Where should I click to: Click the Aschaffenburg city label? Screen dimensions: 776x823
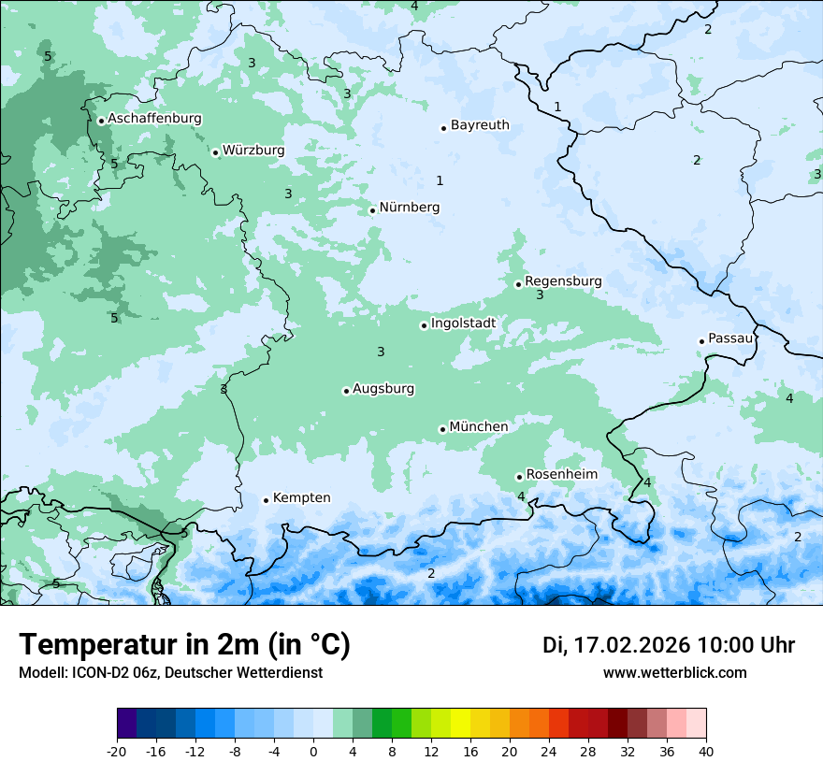point(154,119)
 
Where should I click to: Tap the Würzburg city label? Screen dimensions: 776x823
point(253,151)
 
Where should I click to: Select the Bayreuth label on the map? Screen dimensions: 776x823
point(480,125)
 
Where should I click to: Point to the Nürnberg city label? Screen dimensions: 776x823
point(409,208)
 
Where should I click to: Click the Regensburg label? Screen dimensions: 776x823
point(563,281)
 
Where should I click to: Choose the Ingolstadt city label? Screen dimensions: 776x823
point(463,323)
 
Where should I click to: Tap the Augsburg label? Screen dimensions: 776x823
point(383,389)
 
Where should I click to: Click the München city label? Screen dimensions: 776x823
point(479,427)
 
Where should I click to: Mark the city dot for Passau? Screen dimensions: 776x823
point(701,341)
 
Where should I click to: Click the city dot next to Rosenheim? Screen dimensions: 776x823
point(519,477)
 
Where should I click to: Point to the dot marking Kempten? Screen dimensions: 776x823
point(266,500)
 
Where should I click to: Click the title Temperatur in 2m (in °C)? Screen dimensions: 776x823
point(184,645)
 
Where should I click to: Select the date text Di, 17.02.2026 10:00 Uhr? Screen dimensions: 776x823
point(669,645)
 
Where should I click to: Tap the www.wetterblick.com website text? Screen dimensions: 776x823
point(674,673)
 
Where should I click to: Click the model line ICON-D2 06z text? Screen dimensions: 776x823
point(170,673)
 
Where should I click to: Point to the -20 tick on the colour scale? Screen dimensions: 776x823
point(117,751)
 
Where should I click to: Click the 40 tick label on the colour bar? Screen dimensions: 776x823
point(706,751)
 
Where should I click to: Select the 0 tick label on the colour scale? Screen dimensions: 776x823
point(313,751)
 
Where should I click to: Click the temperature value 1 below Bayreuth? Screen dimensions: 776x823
point(440,180)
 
